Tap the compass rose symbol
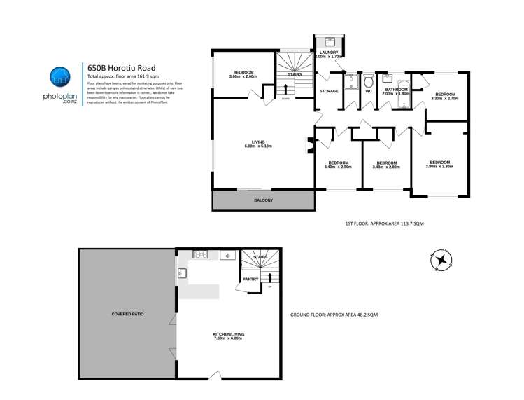point(441,261)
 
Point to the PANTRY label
point(251,280)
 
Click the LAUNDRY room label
point(328,53)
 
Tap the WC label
point(368,91)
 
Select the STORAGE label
point(328,91)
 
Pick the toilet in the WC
point(369,78)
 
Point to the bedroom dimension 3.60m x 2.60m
point(243,76)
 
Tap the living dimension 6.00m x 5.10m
point(257,146)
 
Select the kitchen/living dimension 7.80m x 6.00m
point(228,339)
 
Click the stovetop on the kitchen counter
point(199,255)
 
